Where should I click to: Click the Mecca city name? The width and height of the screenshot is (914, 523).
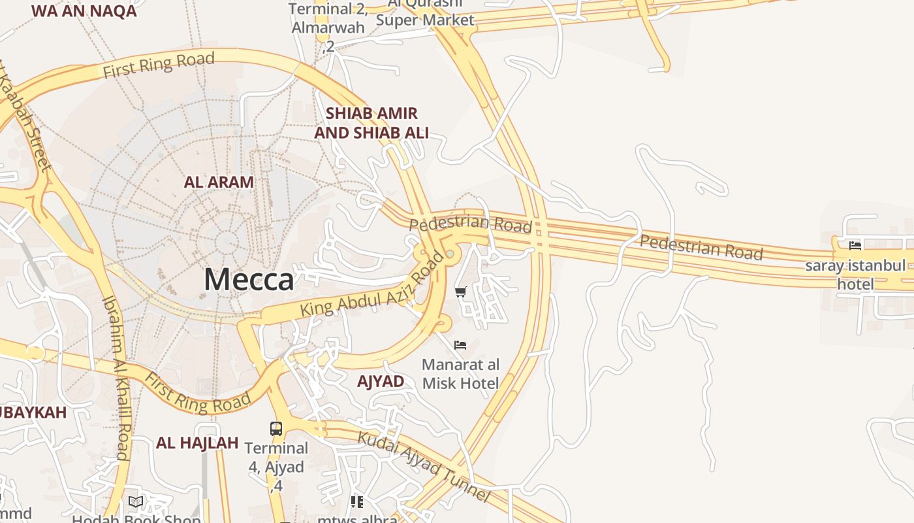point(249,280)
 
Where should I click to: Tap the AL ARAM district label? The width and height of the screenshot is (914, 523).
point(219,182)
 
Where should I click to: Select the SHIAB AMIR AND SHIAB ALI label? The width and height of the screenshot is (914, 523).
point(371,123)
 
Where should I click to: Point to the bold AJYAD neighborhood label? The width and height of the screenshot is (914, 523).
point(381,381)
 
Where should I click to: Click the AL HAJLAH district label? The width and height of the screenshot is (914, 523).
point(197,443)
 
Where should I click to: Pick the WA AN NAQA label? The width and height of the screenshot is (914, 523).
point(84,10)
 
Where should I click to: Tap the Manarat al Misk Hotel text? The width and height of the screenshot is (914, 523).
point(460,374)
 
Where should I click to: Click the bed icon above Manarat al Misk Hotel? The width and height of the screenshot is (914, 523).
point(460,345)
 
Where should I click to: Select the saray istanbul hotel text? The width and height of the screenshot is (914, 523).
point(855,275)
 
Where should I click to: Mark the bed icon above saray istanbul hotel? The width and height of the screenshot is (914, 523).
point(855,246)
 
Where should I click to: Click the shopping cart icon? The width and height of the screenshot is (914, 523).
point(461,292)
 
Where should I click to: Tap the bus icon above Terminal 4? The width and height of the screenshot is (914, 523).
point(276,429)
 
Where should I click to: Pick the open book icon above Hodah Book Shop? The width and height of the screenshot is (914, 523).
point(136,502)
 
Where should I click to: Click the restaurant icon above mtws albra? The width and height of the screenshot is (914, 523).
point(357,502)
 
